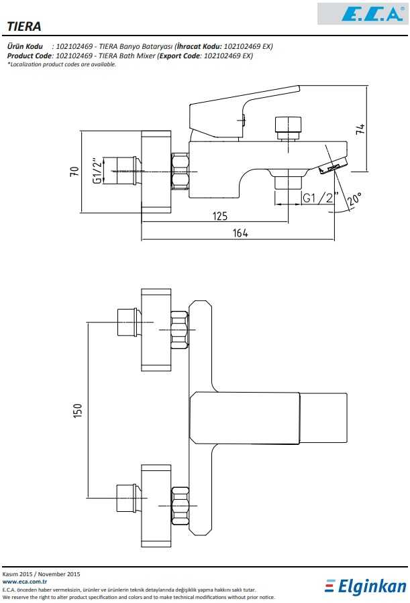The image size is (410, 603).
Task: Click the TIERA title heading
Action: pos(24,26)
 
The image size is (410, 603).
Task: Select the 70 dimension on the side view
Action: pos(74,171)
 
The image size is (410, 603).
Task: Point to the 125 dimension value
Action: pos(219,216)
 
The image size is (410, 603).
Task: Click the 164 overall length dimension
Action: pos(240,233)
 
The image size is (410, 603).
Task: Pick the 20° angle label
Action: pos(354,199)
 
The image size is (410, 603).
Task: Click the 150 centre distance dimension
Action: pos(78,410)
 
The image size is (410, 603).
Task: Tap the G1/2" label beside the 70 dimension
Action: pos(98,171)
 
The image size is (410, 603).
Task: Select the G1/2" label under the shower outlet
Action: pos(318,198)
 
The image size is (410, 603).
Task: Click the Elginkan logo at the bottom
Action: pos(366,587)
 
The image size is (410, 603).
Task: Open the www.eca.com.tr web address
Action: pos(19,582)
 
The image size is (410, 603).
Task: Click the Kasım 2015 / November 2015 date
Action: pos(42,574)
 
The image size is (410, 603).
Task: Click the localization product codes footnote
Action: pos(62,64)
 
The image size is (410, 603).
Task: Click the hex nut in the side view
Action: pos(180,170)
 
